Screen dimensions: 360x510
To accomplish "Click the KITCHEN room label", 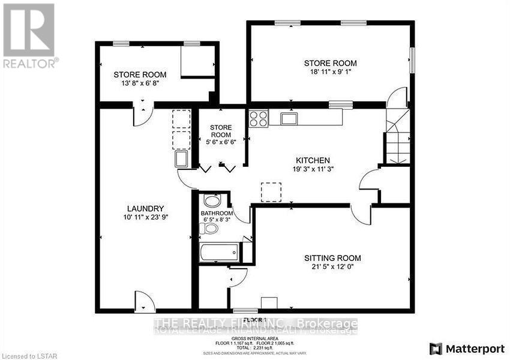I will (x=313, y=160).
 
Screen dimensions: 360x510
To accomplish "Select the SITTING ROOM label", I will (x=332, y=258).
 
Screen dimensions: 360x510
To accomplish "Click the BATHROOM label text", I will (x=217, y=214).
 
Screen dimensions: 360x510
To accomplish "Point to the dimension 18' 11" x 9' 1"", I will (x=330, y=72).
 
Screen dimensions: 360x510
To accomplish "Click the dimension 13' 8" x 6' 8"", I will (x=140, y=84).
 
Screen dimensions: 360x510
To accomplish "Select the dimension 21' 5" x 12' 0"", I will (x=332, y=268).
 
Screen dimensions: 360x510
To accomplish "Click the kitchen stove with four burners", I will (x=259, y=118).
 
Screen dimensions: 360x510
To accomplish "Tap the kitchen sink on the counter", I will (x=289, y=118).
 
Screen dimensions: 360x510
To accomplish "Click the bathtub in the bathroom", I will (x=220, y=251).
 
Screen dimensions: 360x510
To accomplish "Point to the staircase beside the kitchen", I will (x=397, y=137).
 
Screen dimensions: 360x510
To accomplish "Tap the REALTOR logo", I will (x=29, y=35).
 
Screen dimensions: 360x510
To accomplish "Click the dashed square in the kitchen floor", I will (x=271, y=192).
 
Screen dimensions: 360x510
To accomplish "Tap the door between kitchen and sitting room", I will (x=361, y=212).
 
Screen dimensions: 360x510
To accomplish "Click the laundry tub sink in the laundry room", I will (x=181, y=159).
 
